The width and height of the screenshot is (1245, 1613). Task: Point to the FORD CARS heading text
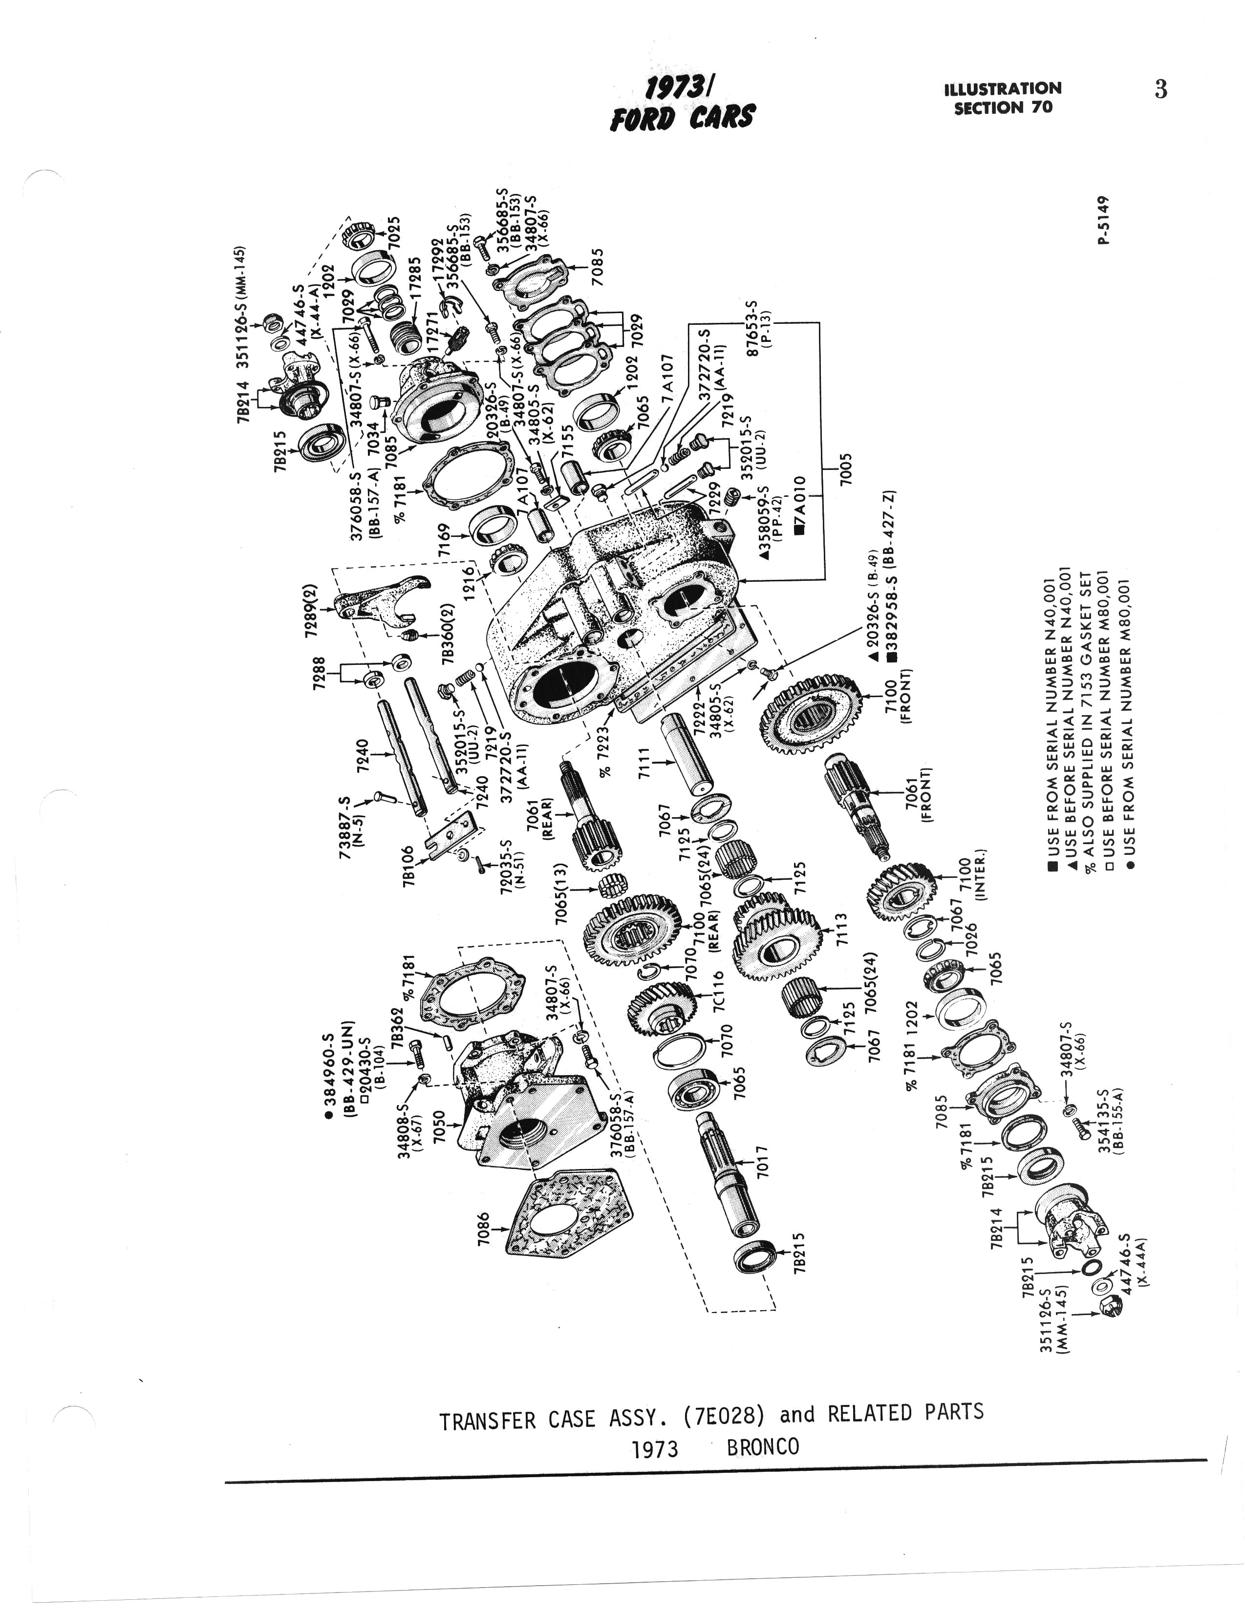(682, 117)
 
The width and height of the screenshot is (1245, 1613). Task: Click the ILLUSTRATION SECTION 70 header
(1003, 98)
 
